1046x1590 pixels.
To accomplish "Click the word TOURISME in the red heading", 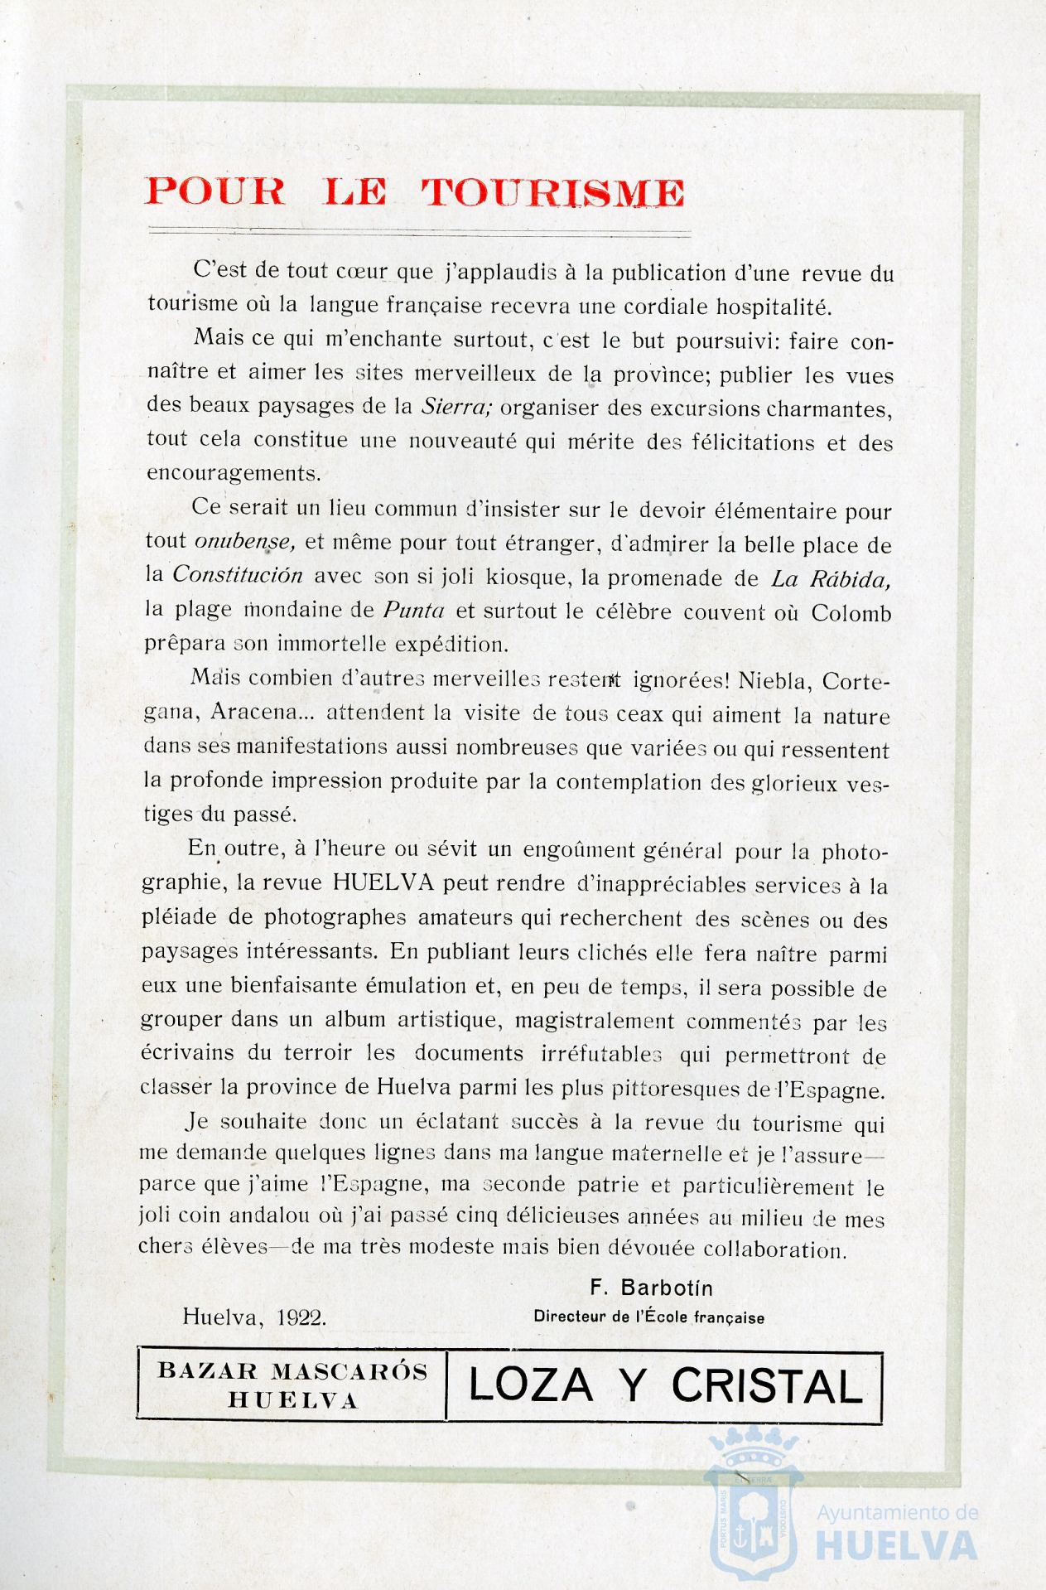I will (x=552, y=193).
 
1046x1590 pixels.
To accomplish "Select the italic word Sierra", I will (x=446, y=408).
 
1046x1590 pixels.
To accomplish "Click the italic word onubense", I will (x=243, y=542).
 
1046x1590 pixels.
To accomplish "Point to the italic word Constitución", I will (x=238, y=576).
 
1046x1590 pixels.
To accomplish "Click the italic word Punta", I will (x=414, y=611).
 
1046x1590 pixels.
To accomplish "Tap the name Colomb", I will (x=851, y=613).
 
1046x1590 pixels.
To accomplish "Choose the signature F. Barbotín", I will (x=650, y=1288).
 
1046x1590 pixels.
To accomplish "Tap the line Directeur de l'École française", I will (x=648, y=1317).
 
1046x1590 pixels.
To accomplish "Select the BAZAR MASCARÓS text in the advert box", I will (x=292, y=1370).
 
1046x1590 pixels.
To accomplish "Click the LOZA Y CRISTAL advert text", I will (x=665, y=1385).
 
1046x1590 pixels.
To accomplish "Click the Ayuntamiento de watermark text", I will (x=898, y=1512).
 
